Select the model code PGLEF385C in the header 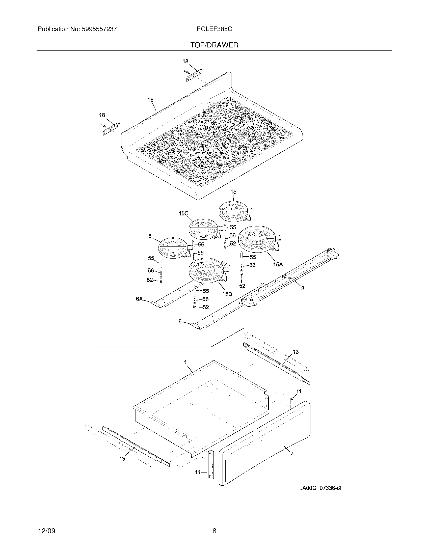click(214, 29)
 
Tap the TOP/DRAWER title click(214, 45)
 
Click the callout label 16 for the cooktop click(150, 100)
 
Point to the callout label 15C click(183, 214)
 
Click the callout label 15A click(278, 265)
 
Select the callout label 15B click(227, 294)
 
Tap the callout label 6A click(139, 299)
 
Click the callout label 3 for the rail click(303, 288)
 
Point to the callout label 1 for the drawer click(185, 362)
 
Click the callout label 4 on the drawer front click(292, 454)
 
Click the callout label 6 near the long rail click(180, 321)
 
